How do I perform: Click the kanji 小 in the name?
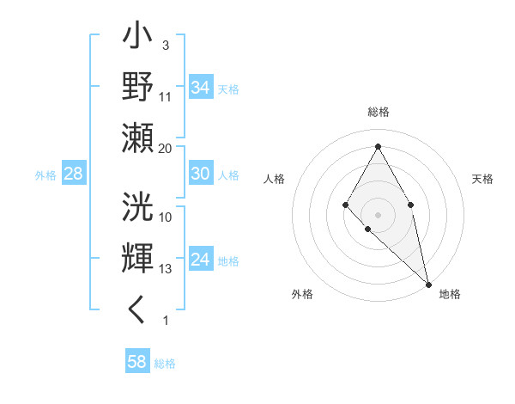click(x=138, y=39)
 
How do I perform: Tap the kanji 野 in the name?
click(x=138, y=86)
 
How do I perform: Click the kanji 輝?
click(x=138, y=258)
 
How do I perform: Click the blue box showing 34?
click(x=201, y=88)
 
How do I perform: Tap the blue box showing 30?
click(x=201, y=174)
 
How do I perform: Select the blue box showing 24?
click(x=201, y=260)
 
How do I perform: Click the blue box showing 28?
click(x=74, y=174)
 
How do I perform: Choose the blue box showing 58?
click(x=137, y=362)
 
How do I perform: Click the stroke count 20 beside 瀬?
click(x=165, y=149)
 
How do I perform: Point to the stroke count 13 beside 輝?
click(x=166, y=269)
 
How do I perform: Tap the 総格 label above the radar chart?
click(x=378, y=113)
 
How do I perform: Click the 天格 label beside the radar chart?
click(x=482, y=179)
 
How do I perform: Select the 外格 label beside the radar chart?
click(x=302, y=294)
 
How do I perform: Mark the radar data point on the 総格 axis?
click(x=378, y=145)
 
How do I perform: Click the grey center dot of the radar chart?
click(x=378, y=214)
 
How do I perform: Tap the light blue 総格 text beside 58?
click(x=165, y=363)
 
